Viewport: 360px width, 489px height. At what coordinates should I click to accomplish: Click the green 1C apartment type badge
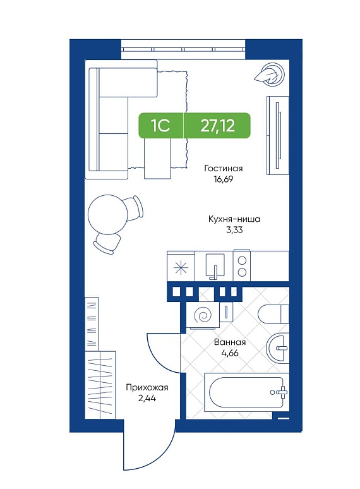161,125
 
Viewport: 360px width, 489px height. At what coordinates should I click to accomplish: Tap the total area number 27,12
217,125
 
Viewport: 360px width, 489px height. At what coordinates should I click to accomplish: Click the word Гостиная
223,169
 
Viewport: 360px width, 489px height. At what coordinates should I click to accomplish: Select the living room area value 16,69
223,179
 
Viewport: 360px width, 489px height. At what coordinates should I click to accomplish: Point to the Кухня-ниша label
234,219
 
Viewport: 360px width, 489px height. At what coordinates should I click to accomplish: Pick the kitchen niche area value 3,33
234,230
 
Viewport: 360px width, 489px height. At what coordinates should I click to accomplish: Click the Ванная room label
230,342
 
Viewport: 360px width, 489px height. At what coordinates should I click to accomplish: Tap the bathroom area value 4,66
230,353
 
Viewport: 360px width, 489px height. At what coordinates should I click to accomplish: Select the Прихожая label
147,388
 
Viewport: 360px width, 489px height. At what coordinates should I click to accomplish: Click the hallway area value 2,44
147,398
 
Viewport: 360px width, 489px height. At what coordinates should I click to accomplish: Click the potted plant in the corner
270,73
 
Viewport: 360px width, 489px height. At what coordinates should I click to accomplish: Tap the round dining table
108,214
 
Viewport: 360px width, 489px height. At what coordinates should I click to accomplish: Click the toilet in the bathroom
273,314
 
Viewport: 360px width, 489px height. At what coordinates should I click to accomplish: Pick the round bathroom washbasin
277,347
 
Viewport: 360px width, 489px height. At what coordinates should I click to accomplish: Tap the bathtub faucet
280,392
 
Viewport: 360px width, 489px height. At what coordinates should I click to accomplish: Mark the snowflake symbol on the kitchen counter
181,269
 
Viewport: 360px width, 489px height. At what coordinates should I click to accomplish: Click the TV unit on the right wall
277,135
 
